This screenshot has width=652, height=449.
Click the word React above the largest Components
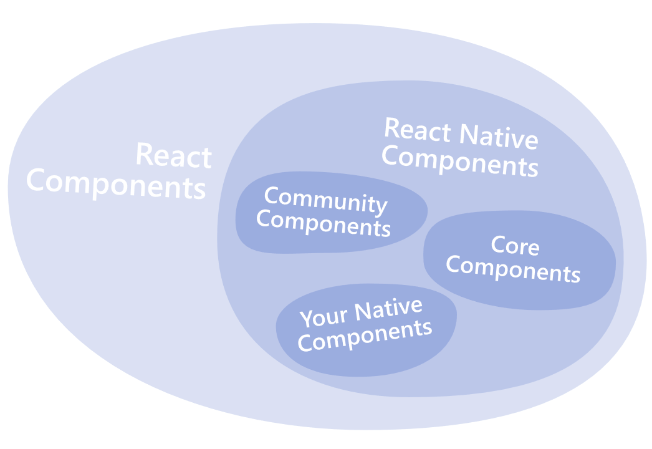click(174, 156)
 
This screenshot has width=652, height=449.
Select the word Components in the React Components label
click(116, 184)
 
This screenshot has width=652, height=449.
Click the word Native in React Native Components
click(499, 137)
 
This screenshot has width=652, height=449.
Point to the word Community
click(325, 200)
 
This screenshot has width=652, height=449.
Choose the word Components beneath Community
click(324, 223)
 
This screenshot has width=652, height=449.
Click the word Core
click(515, 246)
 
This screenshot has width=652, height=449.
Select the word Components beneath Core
click(513, 269)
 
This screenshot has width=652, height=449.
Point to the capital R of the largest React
click(145, 154)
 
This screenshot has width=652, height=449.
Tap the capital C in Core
click(499, 244)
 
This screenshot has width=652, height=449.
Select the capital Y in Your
click(307, 319)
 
